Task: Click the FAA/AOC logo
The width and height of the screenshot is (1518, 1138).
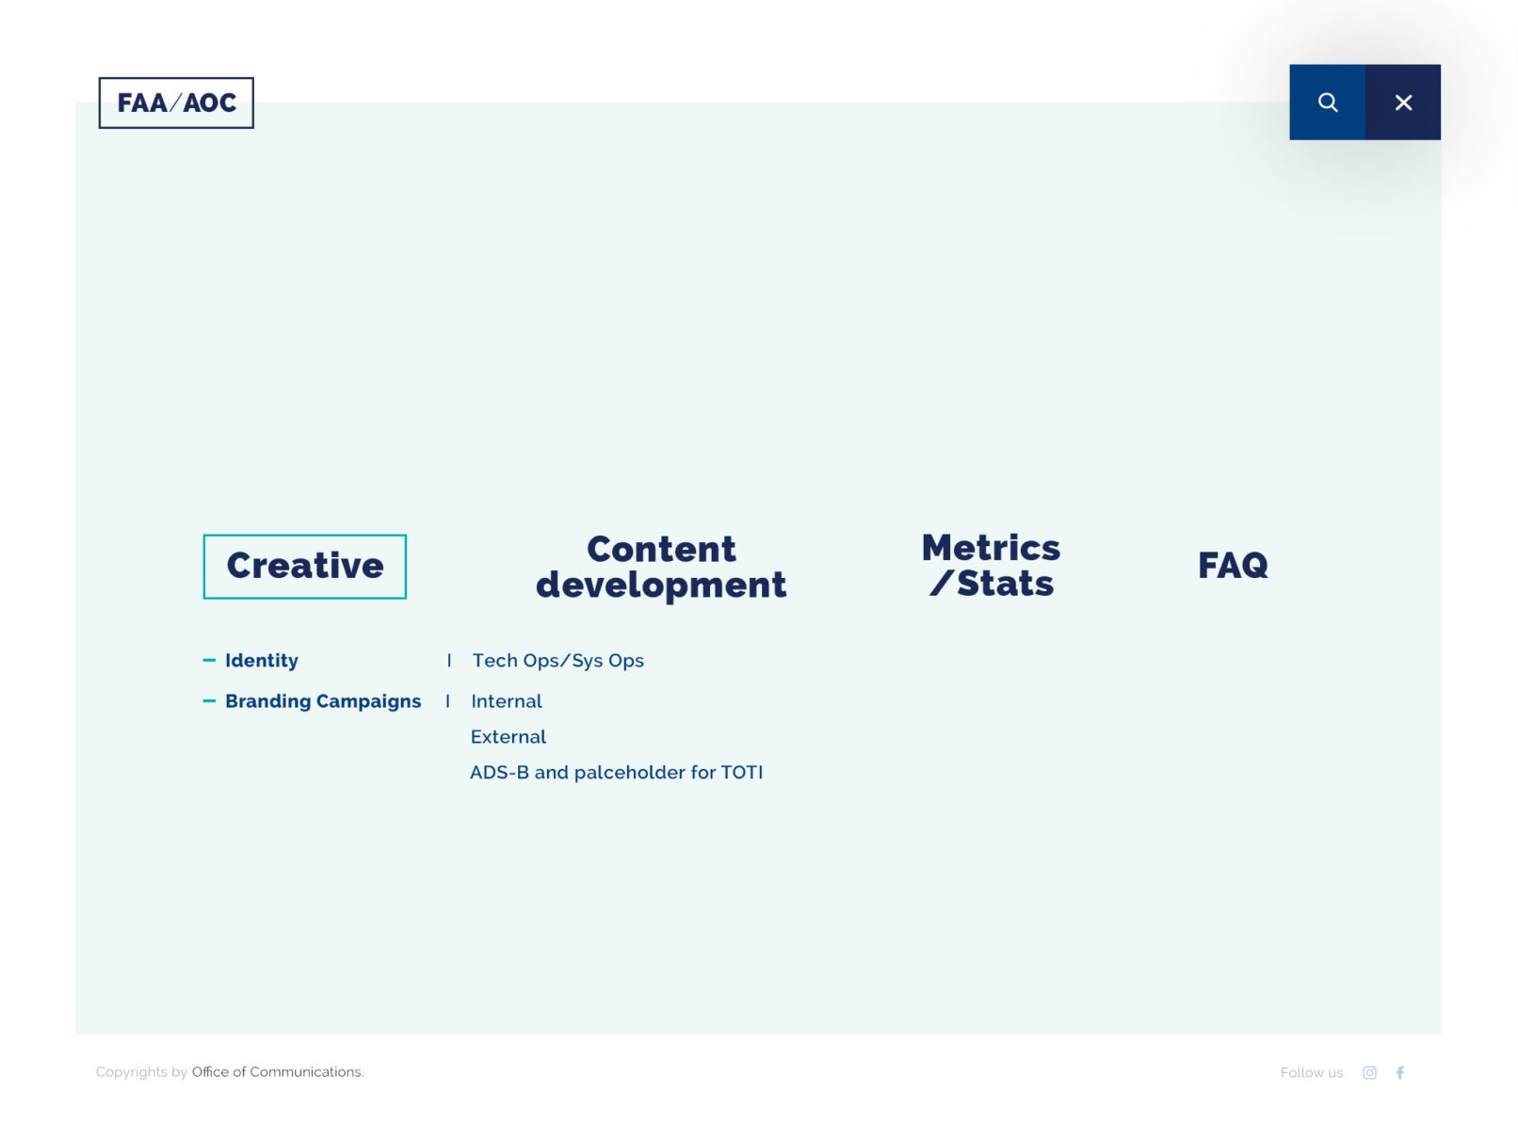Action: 176,103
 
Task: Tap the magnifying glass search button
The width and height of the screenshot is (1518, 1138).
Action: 1327,103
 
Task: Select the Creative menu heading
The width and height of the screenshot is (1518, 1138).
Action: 304,566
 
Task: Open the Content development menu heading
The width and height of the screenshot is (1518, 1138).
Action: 660,567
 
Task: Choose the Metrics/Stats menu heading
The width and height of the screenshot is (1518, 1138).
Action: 991,565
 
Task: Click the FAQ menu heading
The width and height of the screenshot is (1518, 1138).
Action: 1233,565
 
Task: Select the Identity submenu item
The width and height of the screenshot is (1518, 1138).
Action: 262,661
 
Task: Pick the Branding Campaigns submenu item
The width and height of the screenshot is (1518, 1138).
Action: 323,701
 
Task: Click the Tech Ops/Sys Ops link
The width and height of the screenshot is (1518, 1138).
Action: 557,661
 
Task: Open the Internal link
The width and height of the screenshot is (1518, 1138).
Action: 507,701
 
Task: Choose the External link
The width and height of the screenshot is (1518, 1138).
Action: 509,737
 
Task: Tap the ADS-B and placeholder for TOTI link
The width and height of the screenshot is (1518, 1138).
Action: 616,772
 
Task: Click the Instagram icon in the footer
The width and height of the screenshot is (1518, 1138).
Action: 1369,1072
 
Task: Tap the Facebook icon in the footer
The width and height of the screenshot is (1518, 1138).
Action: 1399,1072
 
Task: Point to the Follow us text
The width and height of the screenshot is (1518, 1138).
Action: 1311,1072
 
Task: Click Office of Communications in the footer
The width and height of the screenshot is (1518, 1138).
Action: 277,1072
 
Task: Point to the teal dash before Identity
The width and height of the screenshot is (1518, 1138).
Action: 209,660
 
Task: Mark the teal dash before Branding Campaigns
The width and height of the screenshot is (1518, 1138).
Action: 209,700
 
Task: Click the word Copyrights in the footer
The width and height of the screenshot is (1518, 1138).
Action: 132,1072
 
